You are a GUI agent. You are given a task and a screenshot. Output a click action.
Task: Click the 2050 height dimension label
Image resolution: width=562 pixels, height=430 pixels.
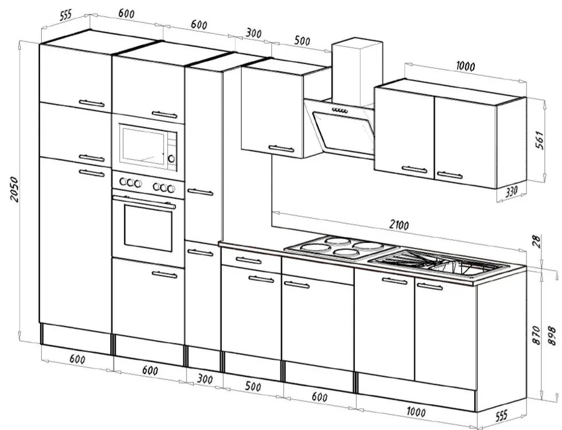tap(14, 189)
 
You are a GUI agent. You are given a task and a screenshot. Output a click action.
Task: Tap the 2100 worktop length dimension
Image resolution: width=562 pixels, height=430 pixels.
tap(399, 225)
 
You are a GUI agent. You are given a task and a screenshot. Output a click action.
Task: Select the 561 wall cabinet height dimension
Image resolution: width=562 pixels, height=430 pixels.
tap(540, 140)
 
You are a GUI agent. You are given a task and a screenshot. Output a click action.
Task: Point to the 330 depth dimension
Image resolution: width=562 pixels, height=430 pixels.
tap(512, 191)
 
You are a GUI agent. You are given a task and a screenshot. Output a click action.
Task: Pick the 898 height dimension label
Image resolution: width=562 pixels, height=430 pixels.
tap(552, 336)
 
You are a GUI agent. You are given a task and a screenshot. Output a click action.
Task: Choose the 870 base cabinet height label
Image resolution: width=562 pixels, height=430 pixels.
tap(536, 335)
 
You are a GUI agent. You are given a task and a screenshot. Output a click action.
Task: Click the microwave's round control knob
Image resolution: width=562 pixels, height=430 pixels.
tap(171, 158)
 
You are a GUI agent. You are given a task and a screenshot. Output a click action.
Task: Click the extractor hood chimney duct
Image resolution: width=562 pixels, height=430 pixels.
tap(357, 72)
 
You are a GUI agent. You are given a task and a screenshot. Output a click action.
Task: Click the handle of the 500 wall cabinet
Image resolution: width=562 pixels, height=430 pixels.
tap(282, 148)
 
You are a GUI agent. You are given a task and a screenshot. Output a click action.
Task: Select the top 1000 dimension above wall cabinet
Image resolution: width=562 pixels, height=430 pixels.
tap(465, 67)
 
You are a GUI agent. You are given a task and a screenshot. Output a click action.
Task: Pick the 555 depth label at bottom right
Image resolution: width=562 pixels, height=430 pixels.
tap(501, 416)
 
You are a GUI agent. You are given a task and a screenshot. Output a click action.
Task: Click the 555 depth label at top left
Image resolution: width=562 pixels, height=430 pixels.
tap(65, 15)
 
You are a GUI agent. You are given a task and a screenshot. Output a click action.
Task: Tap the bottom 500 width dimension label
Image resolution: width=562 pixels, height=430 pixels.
tap(253, 386)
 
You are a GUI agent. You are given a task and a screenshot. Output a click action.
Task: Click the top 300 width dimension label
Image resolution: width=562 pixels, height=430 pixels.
tap(253, 33)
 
